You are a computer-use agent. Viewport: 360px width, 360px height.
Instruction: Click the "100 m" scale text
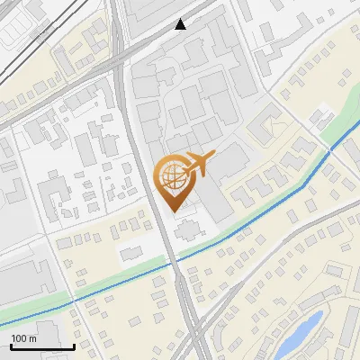pyautogui.click(x=24, y=338)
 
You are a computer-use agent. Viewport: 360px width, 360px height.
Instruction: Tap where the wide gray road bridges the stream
pyautogui.click(x=178, y=261)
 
